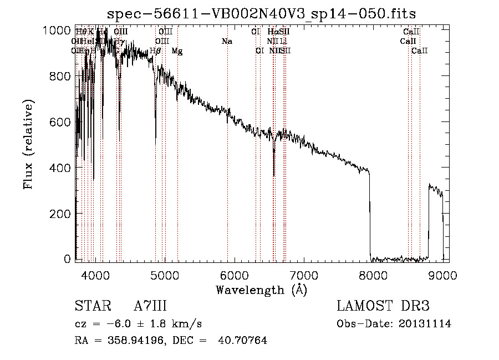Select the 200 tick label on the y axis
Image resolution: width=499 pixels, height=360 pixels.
[x=59, y=213]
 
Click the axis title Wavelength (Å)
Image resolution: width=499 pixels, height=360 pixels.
[x=261, y=290]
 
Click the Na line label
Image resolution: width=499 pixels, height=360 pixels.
[x=226, y=41]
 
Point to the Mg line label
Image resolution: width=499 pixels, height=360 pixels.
[x=177, y=51]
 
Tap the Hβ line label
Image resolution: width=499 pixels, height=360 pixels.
[x=155, y=51]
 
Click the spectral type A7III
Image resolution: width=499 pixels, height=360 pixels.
[x=150, y=306]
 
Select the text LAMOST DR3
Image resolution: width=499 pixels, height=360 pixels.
[x=383, y=306]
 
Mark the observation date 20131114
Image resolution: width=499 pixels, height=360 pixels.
[x=425, y=324]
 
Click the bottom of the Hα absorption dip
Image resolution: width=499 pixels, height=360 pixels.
[x=274, y=175]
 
